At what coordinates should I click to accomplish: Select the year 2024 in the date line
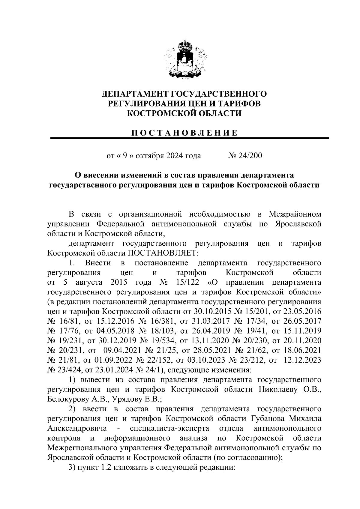(x=170, y=156)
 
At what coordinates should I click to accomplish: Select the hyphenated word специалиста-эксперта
(x=170, y=428)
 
